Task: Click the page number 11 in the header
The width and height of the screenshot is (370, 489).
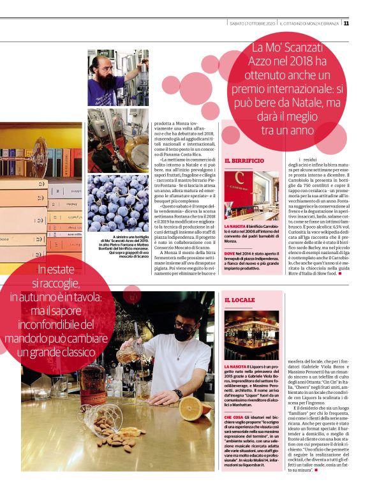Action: click(x=346, y=24)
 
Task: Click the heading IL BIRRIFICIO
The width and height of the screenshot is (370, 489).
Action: click(x=244, y=161)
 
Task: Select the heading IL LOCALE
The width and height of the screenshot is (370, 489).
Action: click(x=240, y=299)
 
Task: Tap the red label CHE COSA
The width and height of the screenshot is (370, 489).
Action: click(x=233, y=416)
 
